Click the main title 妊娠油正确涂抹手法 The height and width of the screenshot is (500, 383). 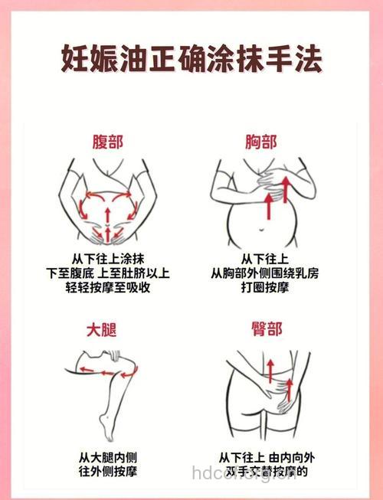click(x=191, y=57)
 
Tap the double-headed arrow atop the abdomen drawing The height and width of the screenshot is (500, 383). click(x=107, y=195)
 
